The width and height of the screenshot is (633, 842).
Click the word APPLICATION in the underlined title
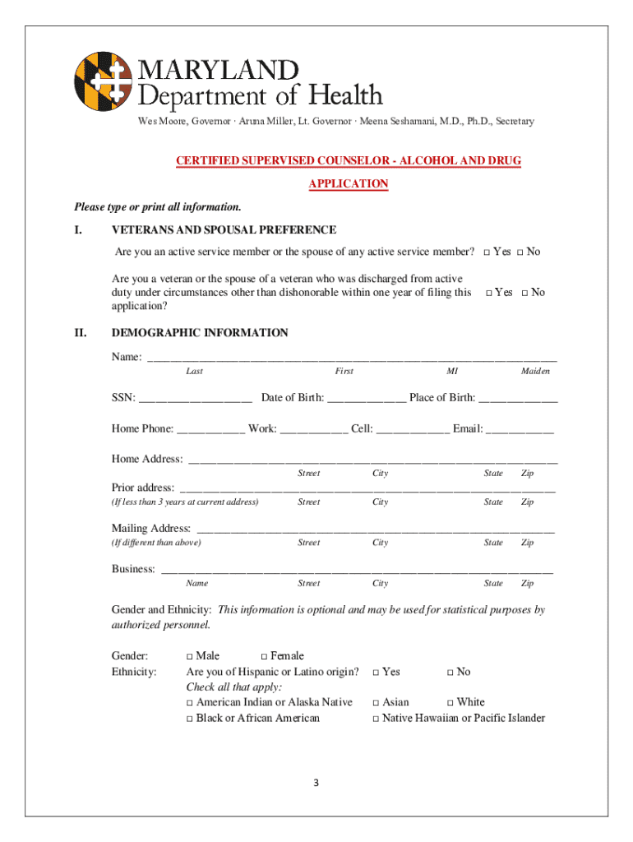[x=348, y=184]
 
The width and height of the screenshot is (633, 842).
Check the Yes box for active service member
[x=487, y=252]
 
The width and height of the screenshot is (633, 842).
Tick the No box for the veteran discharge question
[x=524, y=293]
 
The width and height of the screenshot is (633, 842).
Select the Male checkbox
[x=190, y=656]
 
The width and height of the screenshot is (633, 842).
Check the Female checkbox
[x=265, y=656]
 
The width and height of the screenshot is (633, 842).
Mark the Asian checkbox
[x=376, y=703]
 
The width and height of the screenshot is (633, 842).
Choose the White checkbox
[x=450, y=703]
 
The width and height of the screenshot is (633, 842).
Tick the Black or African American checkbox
[x=190, y=719]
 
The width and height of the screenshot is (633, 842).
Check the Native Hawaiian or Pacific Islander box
[x=376, y=719]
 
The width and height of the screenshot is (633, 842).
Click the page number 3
[x=316, y=782]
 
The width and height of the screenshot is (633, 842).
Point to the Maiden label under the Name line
[x=535, y=372]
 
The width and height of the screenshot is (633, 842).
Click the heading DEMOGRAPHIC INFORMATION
[x=200, y=333]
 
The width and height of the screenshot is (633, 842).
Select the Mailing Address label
[x=151, y=528]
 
